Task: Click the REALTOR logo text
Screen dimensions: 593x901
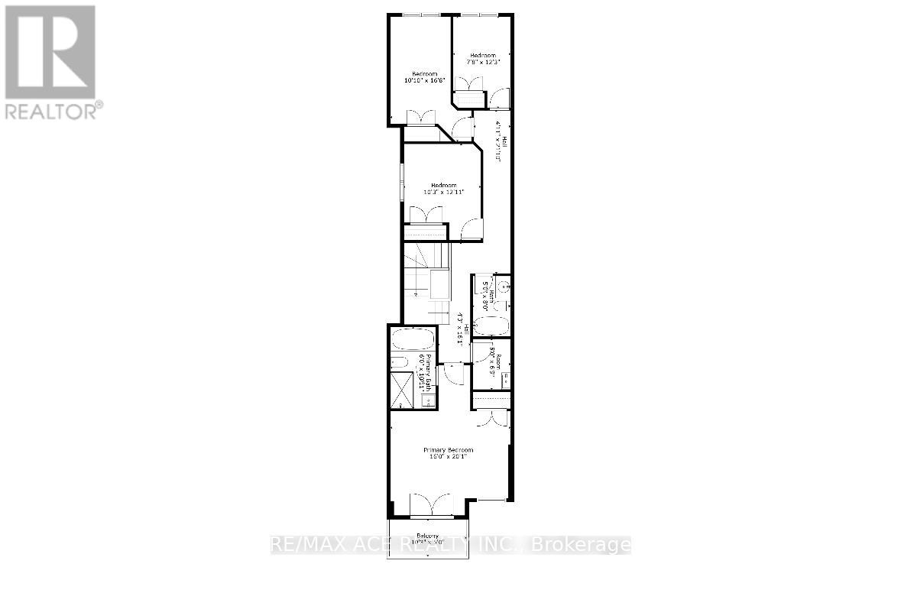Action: (x=53, y=111)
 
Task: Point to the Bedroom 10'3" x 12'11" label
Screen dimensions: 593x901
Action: (x=443, y=189)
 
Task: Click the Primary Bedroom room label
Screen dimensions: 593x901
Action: (x=449, y=453)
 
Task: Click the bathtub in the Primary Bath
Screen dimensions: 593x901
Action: (x=413, y=340)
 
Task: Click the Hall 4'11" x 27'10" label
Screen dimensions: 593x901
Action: (x=500, y=142)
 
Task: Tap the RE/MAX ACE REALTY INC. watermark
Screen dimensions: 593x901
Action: (x=451, y=545)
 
